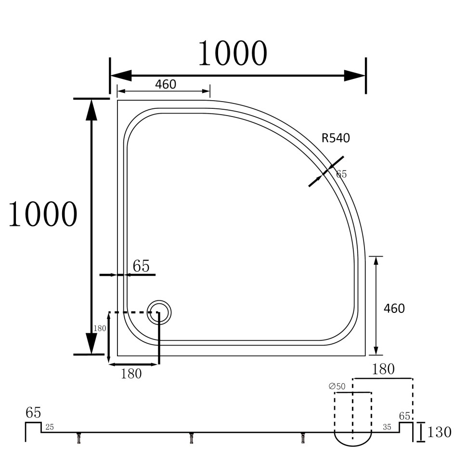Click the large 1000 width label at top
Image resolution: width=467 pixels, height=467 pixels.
point(233,53)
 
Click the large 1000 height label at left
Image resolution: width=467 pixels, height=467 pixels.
point(43,214)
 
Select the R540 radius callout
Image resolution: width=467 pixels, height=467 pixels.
point(336,138)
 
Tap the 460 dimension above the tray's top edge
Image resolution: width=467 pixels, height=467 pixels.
point(166,84)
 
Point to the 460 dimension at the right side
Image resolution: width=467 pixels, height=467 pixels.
point(394,309)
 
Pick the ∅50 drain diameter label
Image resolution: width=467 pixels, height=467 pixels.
point(337,386)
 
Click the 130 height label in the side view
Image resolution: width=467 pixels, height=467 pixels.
point(439,432)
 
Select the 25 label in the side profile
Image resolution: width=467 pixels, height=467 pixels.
point(50,427)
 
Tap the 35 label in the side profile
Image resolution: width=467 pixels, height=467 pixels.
point(387,427)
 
